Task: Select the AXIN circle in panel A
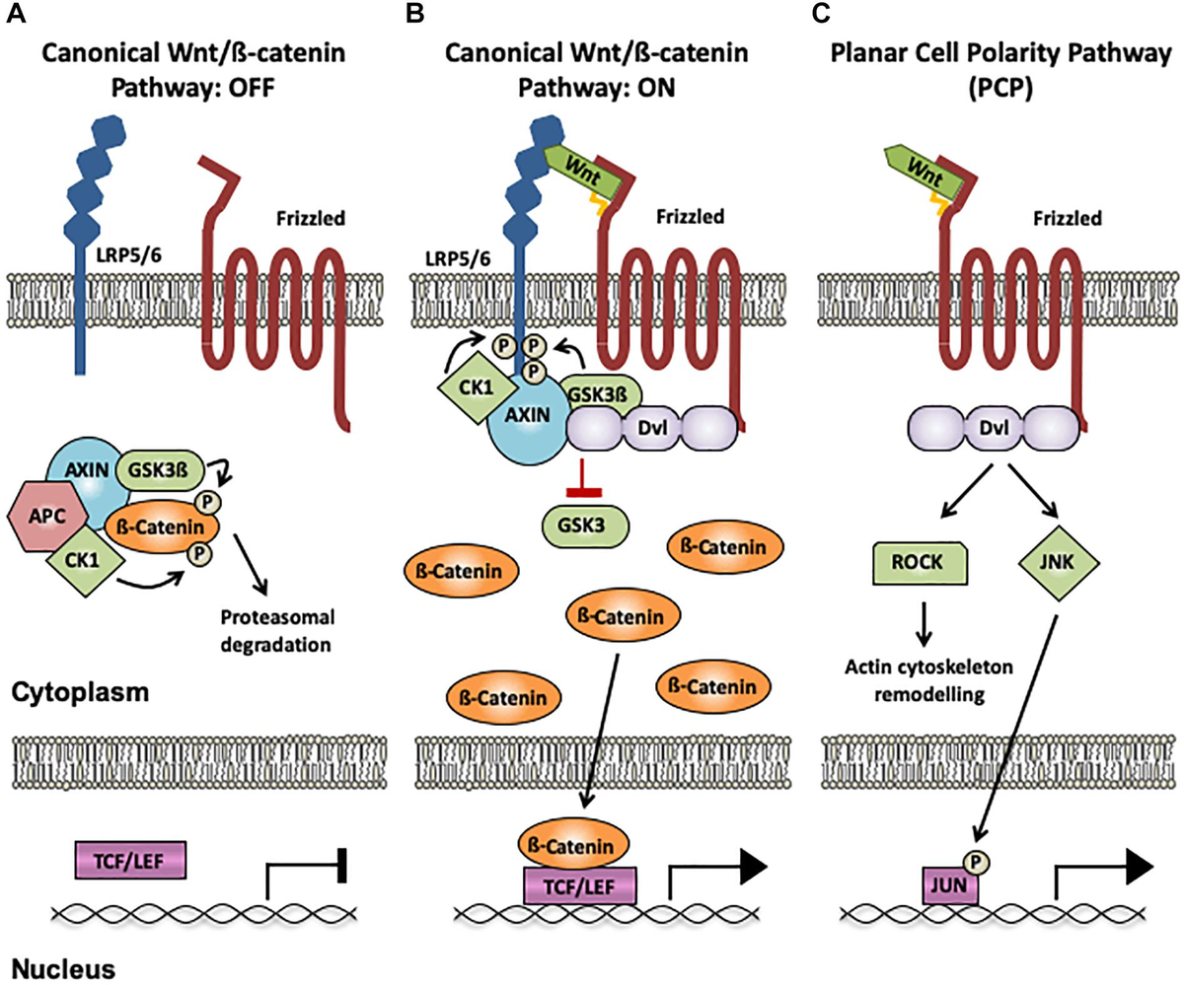point(85,471)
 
